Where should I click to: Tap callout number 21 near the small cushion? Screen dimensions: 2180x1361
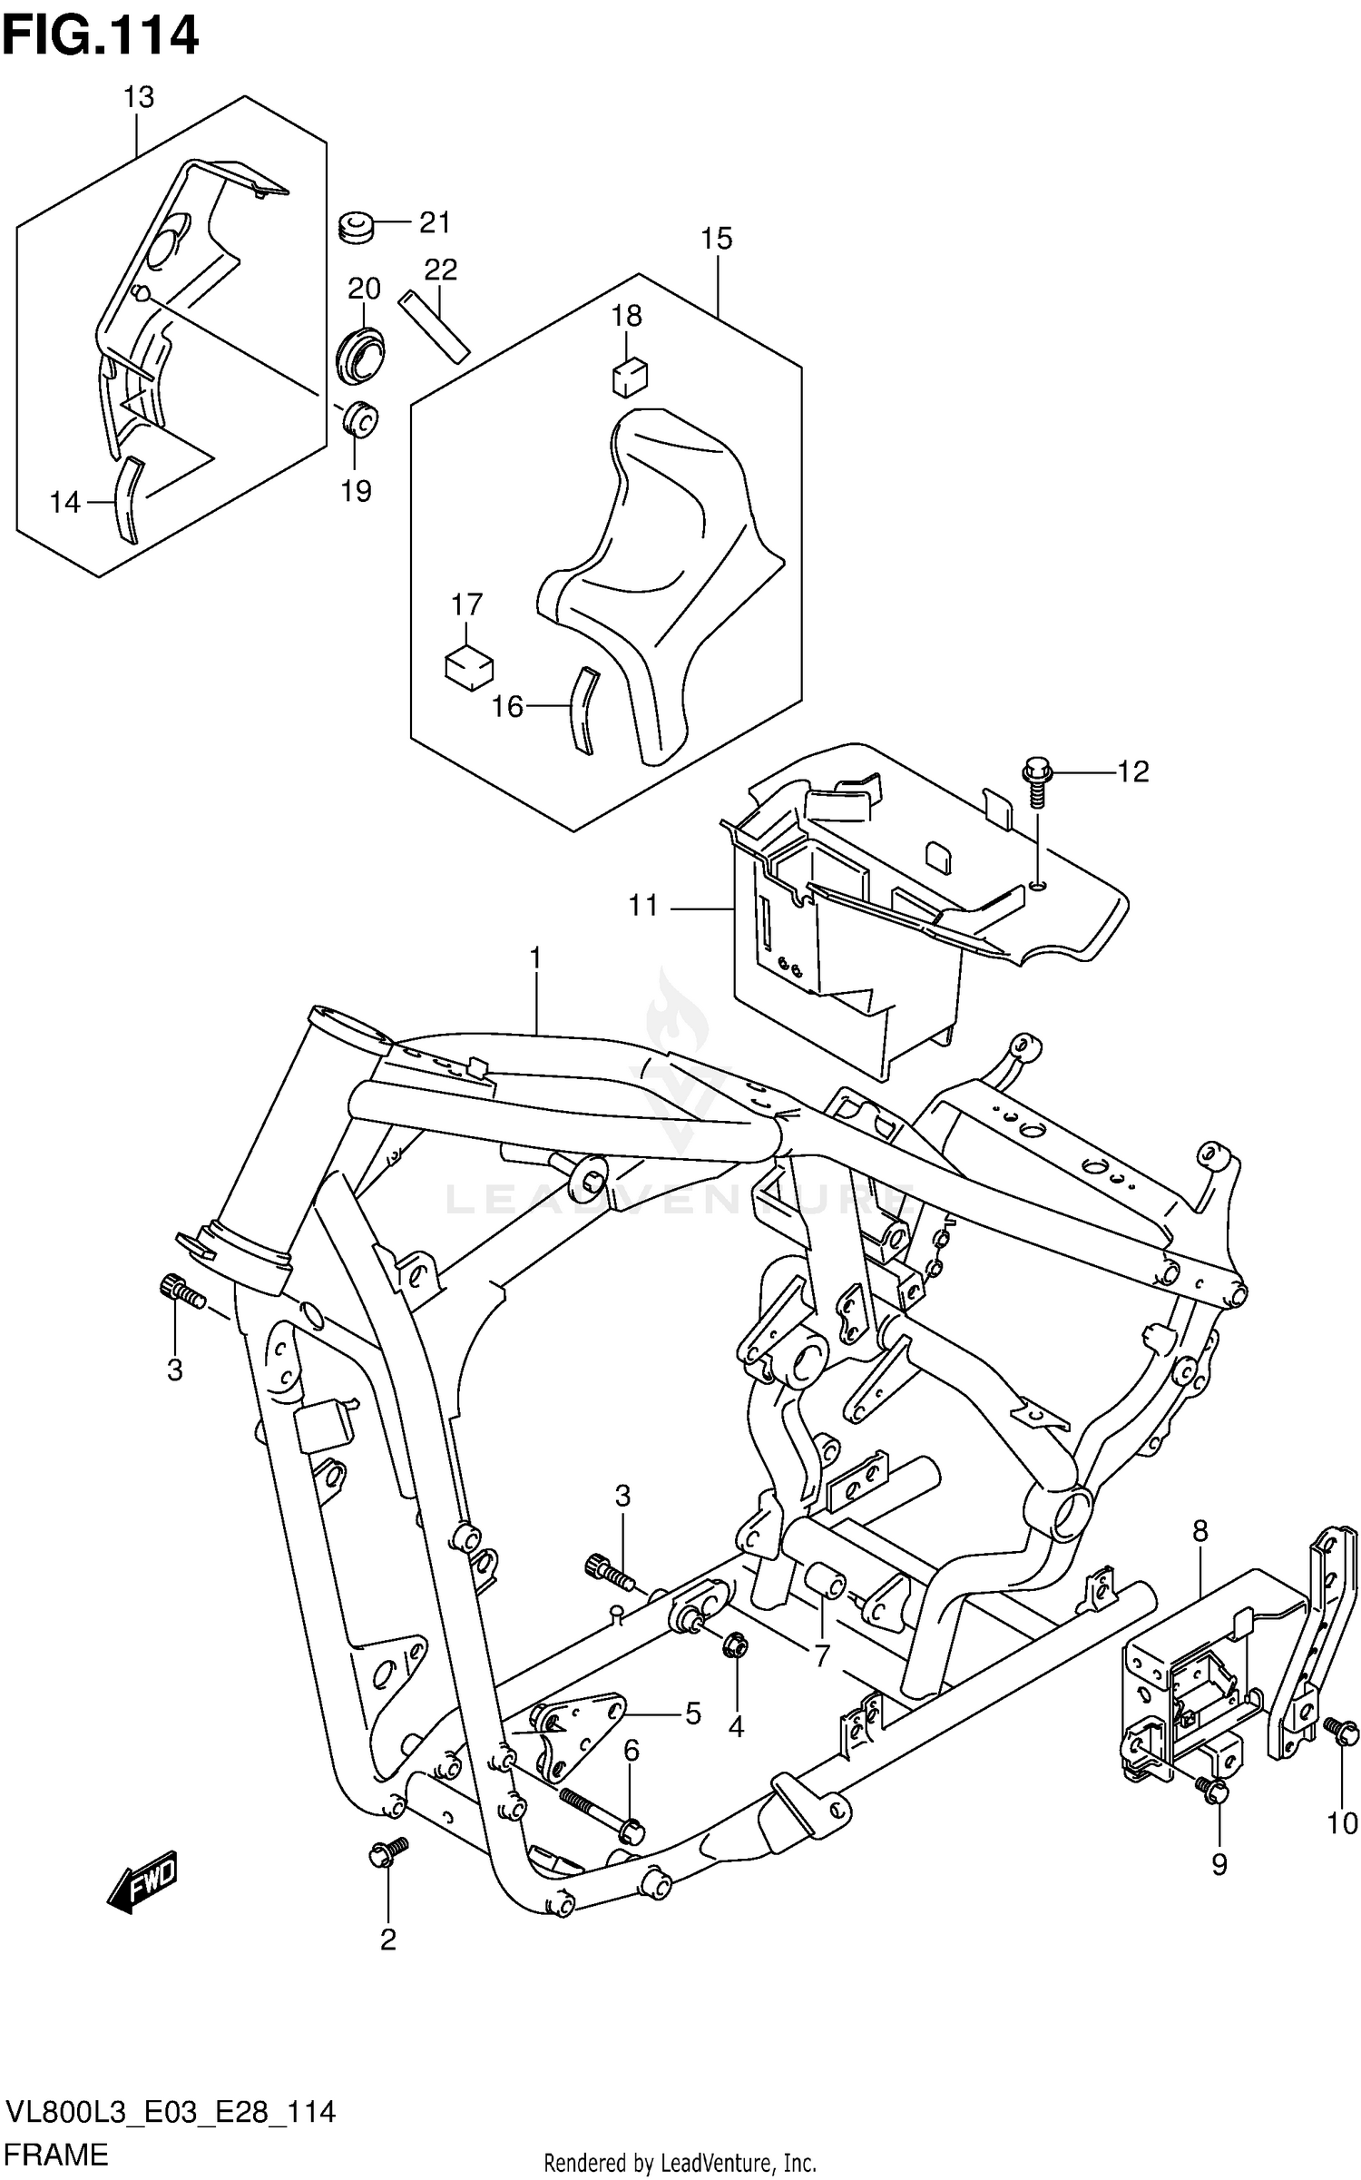(435, 222)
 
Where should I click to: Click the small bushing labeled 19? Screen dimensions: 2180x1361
(360, 419)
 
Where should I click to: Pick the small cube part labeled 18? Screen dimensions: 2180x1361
(630, 377)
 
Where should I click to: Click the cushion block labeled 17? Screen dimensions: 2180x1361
(469, 668)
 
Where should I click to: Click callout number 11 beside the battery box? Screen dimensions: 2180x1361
(643, 906)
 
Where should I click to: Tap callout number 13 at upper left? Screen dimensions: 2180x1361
(138, 97)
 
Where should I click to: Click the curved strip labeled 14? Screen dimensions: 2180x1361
(127, 500)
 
